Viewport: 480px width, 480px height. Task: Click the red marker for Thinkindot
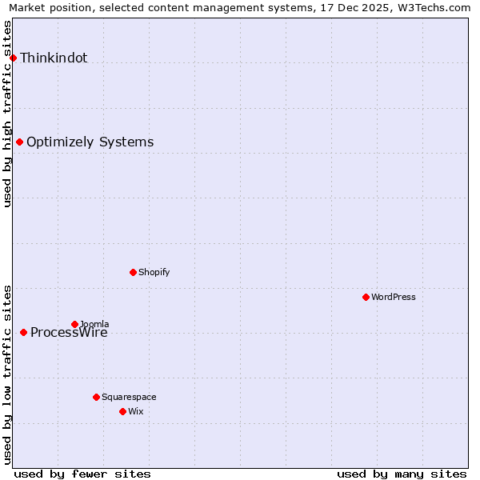[13, 58]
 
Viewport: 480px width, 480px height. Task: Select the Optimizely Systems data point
[19, 142]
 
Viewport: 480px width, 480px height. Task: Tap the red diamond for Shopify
[133, 272]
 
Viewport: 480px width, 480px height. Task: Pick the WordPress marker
[366, 297]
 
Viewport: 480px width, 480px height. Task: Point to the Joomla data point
[74, 324]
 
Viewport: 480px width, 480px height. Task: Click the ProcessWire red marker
[23, 332]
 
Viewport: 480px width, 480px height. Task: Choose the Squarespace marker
[96, 397]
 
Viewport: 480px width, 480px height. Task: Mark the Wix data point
[122, 411]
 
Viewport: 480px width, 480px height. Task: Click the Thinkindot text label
[54, 58]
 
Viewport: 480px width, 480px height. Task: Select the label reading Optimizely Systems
[90, 142]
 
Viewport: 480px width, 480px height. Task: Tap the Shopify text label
[154, 272]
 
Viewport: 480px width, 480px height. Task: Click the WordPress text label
[393, 297]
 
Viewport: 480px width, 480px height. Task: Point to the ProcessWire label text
[69, 334]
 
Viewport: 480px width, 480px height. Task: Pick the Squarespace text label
[129, 397]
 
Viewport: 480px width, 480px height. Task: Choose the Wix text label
[135, 411]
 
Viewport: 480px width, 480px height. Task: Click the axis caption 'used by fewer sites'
[82, 474]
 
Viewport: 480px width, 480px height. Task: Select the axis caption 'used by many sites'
[402, 474]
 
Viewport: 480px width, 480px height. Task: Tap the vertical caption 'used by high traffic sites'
[8, 114]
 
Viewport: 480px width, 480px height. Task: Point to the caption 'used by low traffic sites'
[8, 374]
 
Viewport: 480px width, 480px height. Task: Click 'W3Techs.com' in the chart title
[434, 8]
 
